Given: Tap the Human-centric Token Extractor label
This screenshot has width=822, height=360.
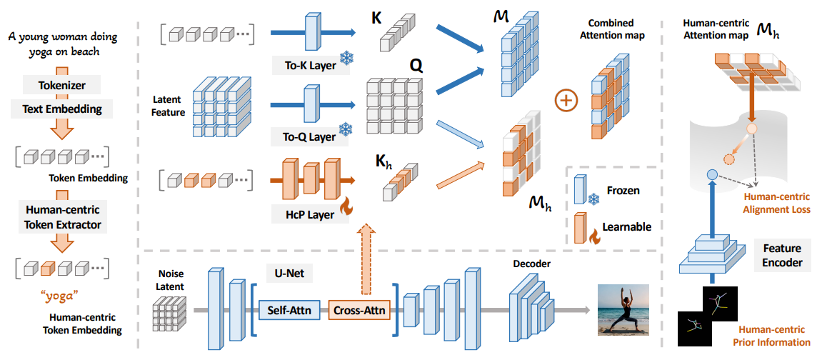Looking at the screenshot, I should pos(63,218).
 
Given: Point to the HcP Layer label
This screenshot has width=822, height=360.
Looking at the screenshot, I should pos(309,214).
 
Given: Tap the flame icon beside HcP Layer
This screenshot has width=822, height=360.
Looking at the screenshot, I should pos(346,208).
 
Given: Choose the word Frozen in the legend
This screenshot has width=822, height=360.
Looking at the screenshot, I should pos(623,191).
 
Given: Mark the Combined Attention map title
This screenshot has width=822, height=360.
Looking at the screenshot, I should pos(611,29).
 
